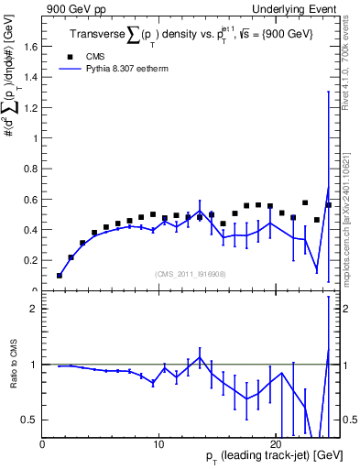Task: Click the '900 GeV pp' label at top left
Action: [74, 8]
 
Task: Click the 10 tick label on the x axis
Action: [159, 445]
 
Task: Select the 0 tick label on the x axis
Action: [43, 445]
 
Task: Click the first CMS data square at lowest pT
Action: [60, 275]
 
